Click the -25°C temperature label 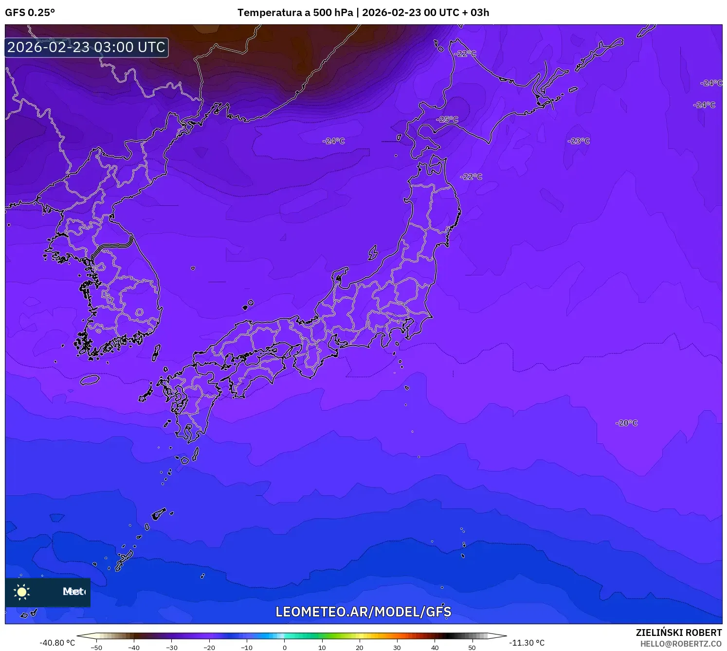[447, 119]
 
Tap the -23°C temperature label [579, 141]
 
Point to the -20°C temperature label [626, 423]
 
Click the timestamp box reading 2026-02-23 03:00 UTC [87, 48]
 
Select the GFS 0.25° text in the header [30, 13]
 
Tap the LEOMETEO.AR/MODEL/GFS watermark [363, 612]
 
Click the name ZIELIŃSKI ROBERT [679, 633]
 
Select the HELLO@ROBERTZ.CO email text [681, 644]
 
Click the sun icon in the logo [22, 592]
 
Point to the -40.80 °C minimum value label [57, 643]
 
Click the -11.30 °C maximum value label [527, 643]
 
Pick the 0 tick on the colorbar [285, 648]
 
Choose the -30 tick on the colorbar [172, 648]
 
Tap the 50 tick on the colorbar [472, 648]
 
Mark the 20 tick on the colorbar [360, 648]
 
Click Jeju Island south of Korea [90, 380]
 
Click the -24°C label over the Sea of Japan [334, 141]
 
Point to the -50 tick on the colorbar [96, 648]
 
